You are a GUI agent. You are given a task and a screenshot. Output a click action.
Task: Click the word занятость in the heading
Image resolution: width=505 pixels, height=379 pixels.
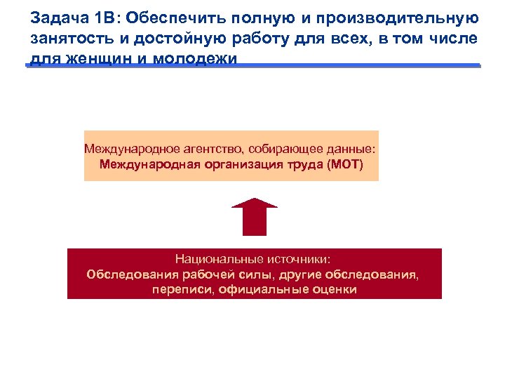point(65,38)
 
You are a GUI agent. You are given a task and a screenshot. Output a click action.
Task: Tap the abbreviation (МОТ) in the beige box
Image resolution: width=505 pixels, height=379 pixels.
point(345,166)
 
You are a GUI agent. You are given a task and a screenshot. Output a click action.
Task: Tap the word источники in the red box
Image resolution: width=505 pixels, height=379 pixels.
point(295,259)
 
